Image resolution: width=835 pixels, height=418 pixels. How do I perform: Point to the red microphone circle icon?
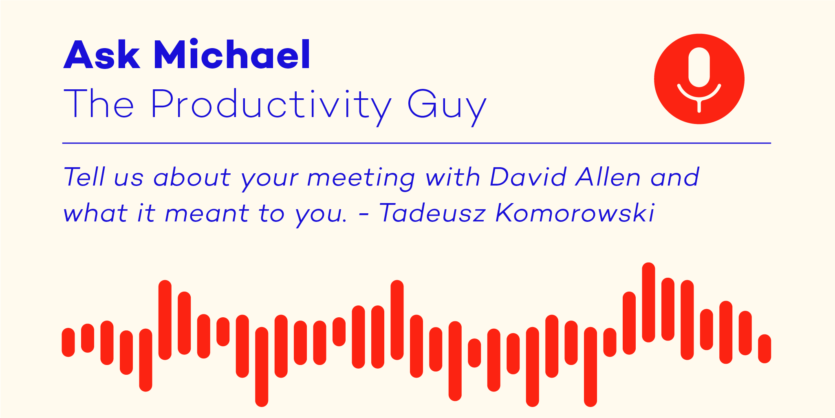pyautogui.click(x=699, y=79)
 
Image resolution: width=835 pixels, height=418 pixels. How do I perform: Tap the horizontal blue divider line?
pyautogui.click(x=416, y=143)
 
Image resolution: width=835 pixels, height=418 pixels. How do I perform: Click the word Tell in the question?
pyautogui.click(x=84, y=177)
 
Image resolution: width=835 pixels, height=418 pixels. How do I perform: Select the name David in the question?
pyautogui.click(x=527, y=177)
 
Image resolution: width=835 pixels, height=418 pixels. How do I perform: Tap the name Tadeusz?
pyautogui.click(x=432, y=213)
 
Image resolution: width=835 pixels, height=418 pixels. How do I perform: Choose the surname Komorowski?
pyautogui.click(x=575, y=213)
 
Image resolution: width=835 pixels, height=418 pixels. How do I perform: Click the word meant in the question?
pyautogui.click(x=207, y=214)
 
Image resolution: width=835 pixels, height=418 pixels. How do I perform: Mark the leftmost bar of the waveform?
pyautogui.click(x=68, y=342)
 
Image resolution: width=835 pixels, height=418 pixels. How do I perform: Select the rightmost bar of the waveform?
pyautogui.click(x=764, y=349)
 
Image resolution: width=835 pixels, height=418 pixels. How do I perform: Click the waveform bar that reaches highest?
pyautogui.click(x=648, y=302)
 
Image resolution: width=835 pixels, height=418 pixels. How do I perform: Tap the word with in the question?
pyautogui.click(x=453, y=177)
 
